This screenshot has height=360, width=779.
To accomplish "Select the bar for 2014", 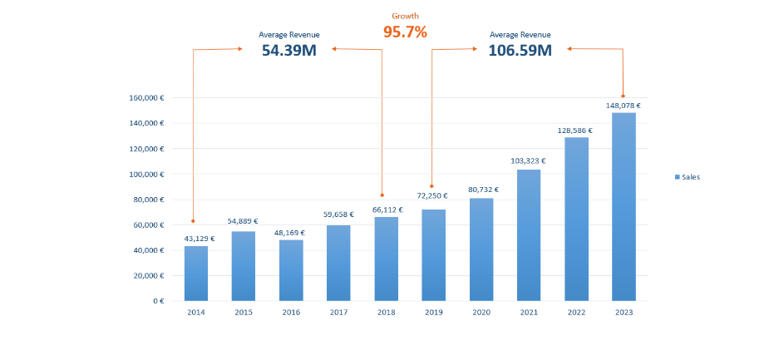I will pos(196,273).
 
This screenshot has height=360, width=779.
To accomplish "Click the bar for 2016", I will pos(291,269).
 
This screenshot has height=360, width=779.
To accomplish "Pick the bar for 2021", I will pos(529,234).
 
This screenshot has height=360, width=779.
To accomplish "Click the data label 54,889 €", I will pos(244,221).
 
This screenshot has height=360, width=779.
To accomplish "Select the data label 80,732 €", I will pos(481,189).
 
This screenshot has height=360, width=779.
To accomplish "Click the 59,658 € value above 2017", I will pos(338,215).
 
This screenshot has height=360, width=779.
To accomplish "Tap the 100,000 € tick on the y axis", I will pos(146,174).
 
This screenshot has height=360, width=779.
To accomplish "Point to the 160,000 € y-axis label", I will pos(146,97).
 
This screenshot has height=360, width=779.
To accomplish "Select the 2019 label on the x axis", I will pos(434,312).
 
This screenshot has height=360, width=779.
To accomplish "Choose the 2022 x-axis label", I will pos(576,312).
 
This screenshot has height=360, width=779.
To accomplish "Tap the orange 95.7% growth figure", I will pos(405,32).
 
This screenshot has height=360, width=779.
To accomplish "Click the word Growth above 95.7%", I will pos(405,16).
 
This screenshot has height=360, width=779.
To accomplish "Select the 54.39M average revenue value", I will pos(288,50).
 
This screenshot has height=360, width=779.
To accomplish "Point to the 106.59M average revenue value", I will pos(520,50).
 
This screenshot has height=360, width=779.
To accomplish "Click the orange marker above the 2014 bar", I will pos(193,221).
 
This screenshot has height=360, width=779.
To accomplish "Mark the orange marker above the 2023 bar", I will pos(623,96).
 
